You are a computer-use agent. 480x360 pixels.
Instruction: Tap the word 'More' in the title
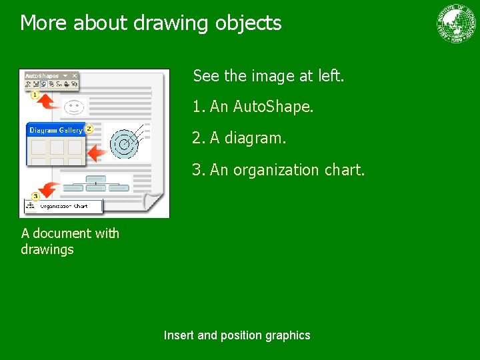click(44, 23)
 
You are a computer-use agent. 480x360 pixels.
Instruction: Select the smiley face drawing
click(75, 105)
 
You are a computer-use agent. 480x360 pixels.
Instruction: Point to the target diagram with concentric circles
click(123, 142)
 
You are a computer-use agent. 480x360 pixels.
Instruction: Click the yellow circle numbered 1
click(35, 95)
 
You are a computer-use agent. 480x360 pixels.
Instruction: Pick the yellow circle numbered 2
click(89, 128)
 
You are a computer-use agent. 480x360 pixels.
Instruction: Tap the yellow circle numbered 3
click(35, 196)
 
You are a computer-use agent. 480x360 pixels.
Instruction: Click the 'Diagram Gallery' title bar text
click(55, 130)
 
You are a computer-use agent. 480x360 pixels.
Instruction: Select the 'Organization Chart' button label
click(64, 207)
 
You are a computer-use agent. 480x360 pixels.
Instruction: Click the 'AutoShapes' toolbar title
click(42, 76)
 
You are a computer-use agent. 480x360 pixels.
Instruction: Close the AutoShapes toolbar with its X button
click(75, 76)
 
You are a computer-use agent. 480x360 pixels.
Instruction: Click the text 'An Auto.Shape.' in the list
click(261, 107)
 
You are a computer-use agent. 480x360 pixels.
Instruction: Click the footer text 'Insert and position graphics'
click(237, 335)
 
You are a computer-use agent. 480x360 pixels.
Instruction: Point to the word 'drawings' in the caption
click(47, 249)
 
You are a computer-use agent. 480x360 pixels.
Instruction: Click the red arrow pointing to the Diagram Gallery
click(97, 153)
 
